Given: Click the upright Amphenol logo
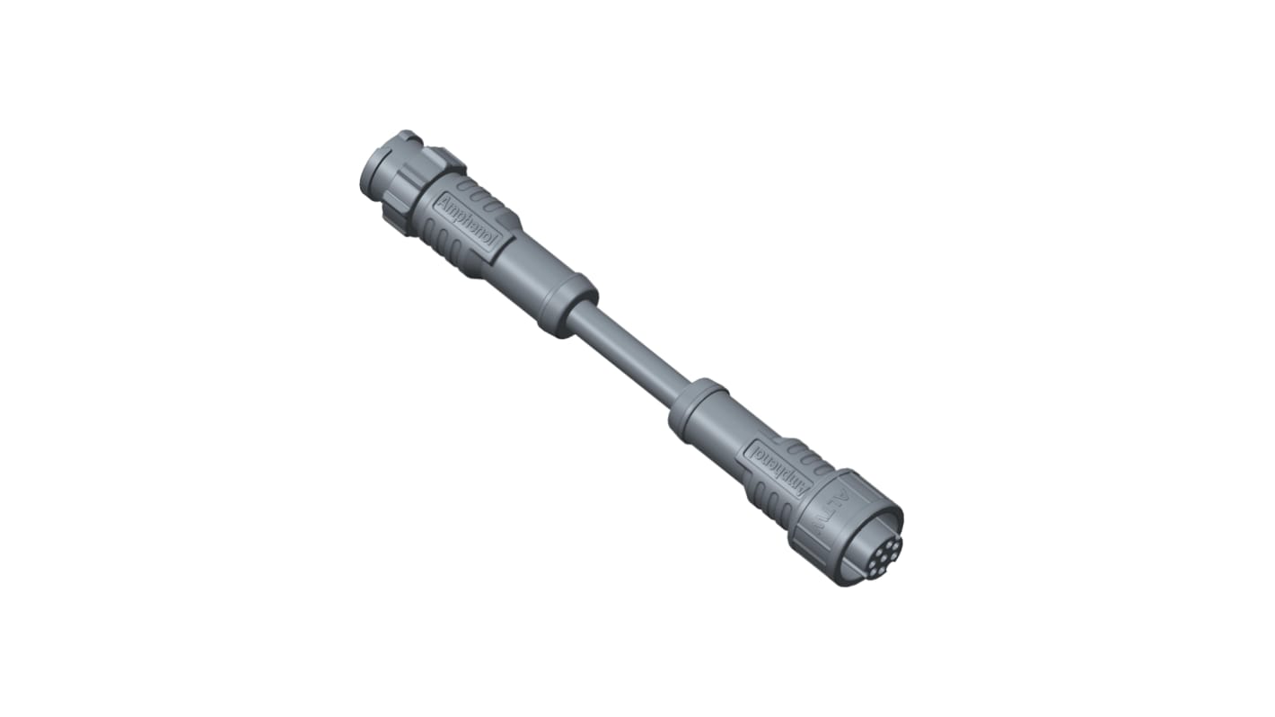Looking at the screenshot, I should coord(469,221).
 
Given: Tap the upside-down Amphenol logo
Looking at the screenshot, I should coord(773,465).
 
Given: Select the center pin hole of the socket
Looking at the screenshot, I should coord(876,544).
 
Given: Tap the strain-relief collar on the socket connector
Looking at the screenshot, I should coord(696,410).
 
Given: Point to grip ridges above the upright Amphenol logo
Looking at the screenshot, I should coord(490,203).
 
